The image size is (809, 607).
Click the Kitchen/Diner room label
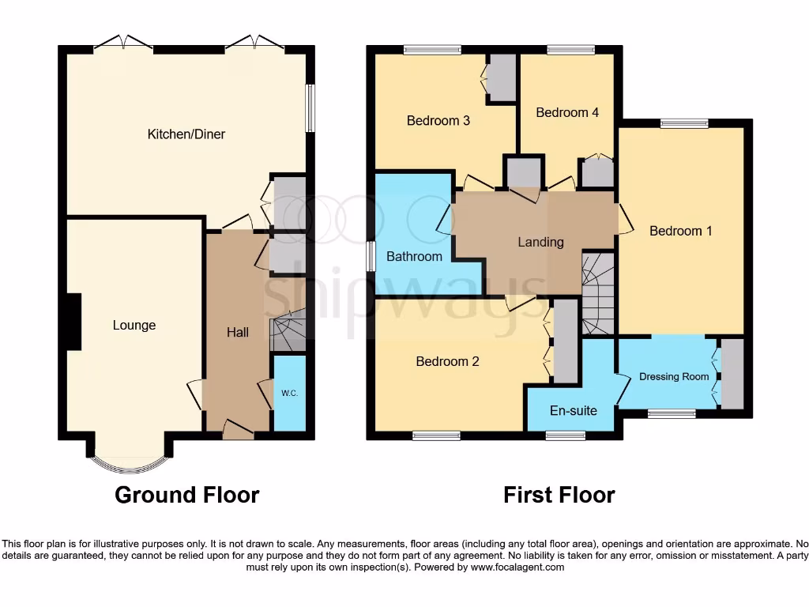click(x=186, y=134)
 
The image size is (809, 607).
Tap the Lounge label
click(x=134, y=325)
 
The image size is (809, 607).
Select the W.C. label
click(x=289, y=393)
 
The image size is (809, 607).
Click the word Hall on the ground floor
click(x=238, y=332)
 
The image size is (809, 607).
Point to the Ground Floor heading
click(x=186, y=496)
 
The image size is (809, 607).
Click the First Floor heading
click(x=559, y=496)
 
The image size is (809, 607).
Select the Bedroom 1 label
click(x=681, y=231)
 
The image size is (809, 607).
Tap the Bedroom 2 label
click(x=448, y=361)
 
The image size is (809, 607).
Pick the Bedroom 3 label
click(x=438, y=121)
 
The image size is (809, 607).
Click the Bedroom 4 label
click(x=567, y=112)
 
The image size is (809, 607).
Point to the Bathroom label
click(x=414, y=256)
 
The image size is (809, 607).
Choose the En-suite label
click(x=574, y=411)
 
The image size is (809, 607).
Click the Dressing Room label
click(x=674, y=377)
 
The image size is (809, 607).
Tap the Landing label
click(x=540, y=242)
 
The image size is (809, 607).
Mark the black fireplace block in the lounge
click(x=74, y=321)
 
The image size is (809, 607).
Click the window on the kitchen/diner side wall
click(x=310, y=107)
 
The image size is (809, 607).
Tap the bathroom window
click(x=371, y=256)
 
